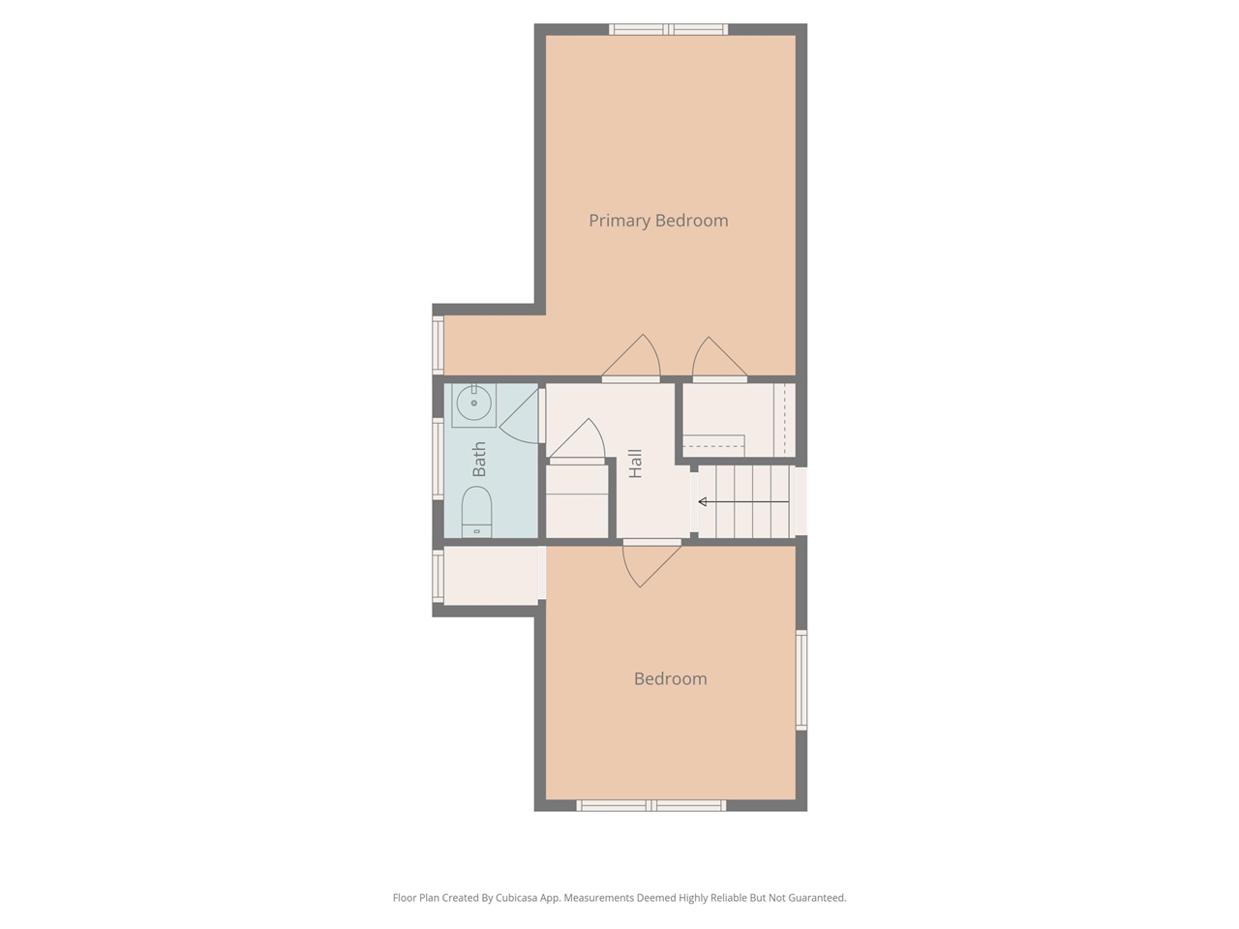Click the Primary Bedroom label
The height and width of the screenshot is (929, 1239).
point(658,221)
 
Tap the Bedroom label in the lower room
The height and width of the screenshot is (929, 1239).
point(670,679)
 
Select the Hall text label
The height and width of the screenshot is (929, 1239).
point(636,464)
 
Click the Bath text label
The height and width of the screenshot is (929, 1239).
point(479,459)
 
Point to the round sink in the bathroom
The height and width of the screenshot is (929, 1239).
point(474,403)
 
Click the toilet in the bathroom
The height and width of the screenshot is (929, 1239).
point(476,511)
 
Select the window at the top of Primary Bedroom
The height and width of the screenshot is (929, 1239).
point(668,29)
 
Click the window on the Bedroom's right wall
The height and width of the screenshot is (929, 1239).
point(801,679)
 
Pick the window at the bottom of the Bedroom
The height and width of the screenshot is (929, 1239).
point(651,805)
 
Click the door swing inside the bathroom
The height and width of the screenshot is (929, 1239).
point(519,412)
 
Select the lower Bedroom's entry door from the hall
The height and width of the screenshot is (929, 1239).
point(650,563)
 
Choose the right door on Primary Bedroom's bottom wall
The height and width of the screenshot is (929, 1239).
point(718,361)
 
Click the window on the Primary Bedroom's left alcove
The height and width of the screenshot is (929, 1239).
point(438,345)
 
